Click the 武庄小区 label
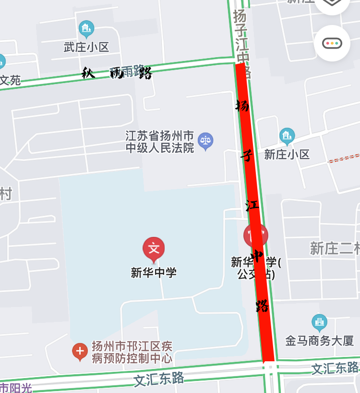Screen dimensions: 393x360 (86, 47)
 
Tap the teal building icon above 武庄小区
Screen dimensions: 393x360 (86, 29)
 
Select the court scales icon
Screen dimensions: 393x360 (205, 141)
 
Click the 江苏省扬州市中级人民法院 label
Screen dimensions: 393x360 (160, 141)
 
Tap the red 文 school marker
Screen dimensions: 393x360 (154, 249)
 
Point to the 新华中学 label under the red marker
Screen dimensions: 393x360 (154, 272)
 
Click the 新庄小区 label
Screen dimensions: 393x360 (287, 154)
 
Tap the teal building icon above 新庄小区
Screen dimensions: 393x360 (287, 136)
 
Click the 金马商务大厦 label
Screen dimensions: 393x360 (319, 341)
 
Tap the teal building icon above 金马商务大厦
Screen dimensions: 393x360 (319, 322)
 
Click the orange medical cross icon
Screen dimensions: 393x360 (80, 352)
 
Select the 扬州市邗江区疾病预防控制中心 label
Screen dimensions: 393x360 (132, 352)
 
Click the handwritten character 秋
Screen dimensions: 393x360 (87, 73)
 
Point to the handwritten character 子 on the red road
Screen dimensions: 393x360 (246, 155)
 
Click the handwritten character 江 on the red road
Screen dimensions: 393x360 (252, 206)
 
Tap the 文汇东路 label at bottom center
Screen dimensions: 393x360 (158, 379)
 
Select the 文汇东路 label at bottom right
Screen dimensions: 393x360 (335, 368)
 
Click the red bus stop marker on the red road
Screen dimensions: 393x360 (255, 235)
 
